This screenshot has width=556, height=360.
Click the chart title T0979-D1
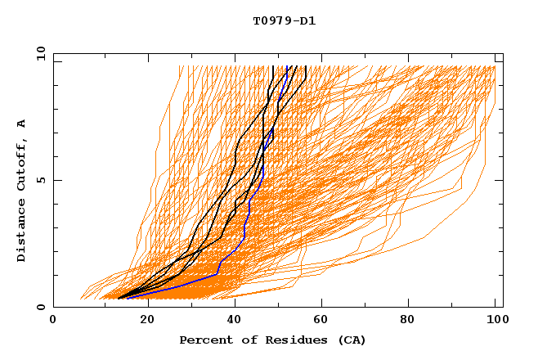(284, 20)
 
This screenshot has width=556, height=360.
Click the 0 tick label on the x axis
(53, 321)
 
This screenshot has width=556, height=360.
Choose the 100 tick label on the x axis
(495, 321)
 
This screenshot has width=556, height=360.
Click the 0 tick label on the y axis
(40, 307)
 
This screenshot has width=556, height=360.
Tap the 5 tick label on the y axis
(40, 180)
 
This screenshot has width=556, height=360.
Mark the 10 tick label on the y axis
(38, 53)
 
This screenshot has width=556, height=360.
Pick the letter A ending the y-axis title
(22, 124)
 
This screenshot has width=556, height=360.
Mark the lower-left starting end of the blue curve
(127, 299)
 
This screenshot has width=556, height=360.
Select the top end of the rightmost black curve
(305, 66)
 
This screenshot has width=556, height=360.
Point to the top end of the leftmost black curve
(272, 66)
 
